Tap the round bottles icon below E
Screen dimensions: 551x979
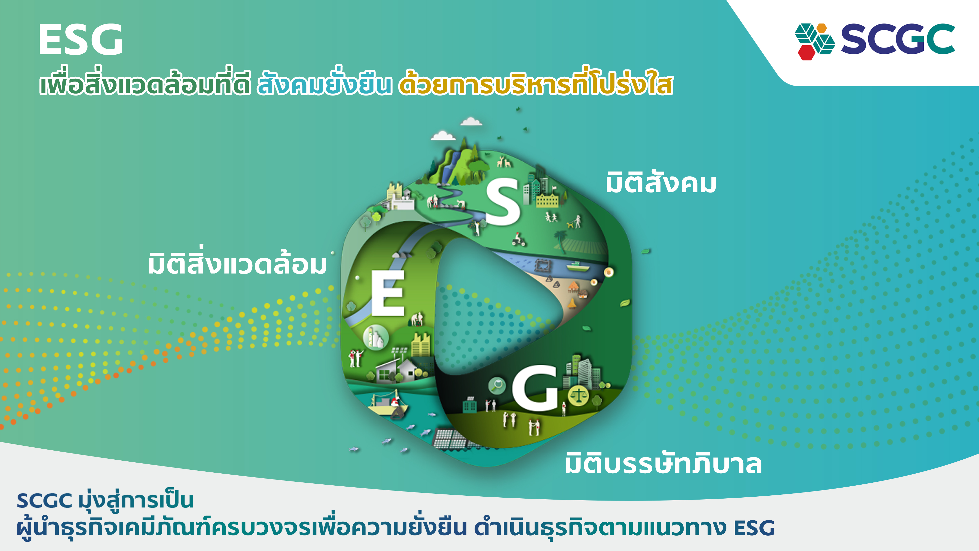click(375, 337)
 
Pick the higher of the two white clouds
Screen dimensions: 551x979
click(471, 122)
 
